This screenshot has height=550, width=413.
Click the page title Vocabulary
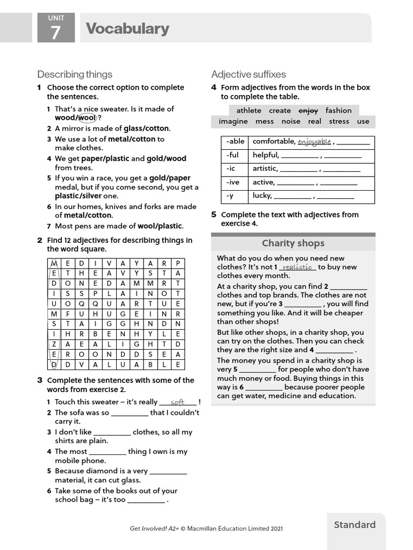(127, 28)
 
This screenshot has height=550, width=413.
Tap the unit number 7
(55, 33)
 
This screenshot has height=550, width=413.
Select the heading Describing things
(75, 74)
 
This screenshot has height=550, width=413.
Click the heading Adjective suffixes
(248, 74)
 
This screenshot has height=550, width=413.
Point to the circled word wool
(87, 118)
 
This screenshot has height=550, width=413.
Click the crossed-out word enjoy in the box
(308, 111)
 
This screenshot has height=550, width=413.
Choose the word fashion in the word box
(338, 111)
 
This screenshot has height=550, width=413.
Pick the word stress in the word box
(339, 121)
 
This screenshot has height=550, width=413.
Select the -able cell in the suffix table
(235, 142)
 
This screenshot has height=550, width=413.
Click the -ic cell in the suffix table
(232, 169)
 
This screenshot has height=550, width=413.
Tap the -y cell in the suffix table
(231, 196)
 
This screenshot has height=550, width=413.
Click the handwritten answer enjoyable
(314, 142)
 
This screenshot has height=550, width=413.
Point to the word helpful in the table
(266, 155)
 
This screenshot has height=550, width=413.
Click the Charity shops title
(293, 243)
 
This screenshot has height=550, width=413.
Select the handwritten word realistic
(297, 267)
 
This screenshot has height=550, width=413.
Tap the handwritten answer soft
(177, 402)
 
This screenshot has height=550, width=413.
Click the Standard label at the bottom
(354, 525)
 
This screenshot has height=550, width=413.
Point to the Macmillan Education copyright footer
(206, 529)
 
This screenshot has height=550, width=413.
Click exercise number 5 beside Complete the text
(213, 214)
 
